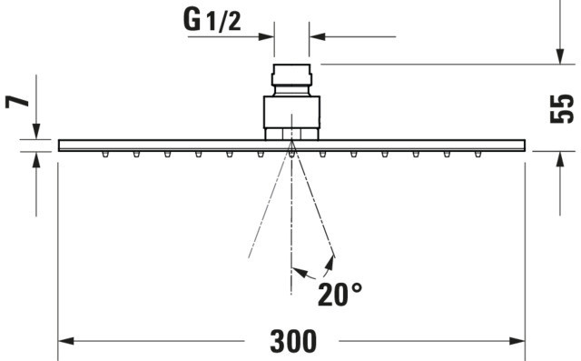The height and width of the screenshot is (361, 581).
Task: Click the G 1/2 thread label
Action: tap(212, 20)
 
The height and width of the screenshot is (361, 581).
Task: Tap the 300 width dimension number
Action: tap(293, 341)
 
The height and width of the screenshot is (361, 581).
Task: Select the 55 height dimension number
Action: tap(562, 109)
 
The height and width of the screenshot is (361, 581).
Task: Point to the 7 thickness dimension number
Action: tap(17, 101)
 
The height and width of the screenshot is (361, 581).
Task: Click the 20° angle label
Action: tap(340, 295)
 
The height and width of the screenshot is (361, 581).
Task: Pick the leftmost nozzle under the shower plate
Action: tap(105, 154)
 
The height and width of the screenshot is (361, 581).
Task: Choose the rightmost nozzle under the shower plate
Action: tap(478, 154)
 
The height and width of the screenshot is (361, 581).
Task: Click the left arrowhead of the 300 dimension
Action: tap(66, 341)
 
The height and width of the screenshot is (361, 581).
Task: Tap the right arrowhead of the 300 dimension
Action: tap(517, 341)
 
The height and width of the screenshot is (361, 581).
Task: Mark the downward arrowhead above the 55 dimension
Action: tap(560, 56)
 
